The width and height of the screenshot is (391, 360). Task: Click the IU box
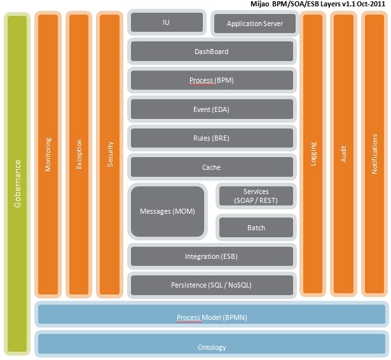(x=167, y=22)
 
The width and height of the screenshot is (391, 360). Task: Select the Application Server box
(x=254, y=25)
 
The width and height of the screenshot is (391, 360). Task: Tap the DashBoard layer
(x=212, y=52)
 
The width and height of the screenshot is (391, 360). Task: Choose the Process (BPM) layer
(x=212, y=81)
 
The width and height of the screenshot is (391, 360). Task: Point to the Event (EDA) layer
(x=212, y=109)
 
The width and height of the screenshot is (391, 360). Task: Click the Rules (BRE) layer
(x=212, y=138)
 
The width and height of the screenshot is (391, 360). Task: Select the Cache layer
(x=212, y=167)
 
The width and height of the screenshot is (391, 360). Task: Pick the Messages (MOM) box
(x=167, y=211)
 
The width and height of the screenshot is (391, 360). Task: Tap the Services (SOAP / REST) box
(x=256, y=196)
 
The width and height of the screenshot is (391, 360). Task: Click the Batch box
(x=256, y=227)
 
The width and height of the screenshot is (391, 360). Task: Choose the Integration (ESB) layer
(x=212, y=256)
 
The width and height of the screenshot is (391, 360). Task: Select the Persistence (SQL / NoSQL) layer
(x=212, y=285)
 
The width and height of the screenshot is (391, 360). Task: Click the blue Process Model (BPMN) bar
(x=211, y=317)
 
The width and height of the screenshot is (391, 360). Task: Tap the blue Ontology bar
(x=211, y=347)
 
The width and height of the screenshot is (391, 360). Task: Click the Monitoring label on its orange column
(x=48, y=155)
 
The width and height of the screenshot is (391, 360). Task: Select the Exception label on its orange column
(x=79, y=155)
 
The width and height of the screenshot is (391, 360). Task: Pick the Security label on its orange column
(x=110, y=155)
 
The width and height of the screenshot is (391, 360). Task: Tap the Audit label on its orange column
(x=343, y=155)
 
